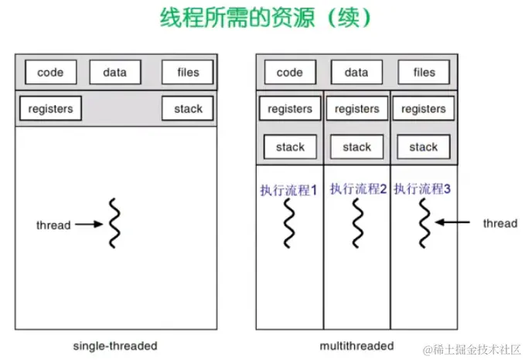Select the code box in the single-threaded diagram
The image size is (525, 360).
(x=50, y=73)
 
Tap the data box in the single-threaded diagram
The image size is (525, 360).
(x=114, y=73)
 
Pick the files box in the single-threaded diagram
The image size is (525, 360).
(x=187, y=73)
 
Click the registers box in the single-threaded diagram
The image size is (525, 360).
(x=50, y=109)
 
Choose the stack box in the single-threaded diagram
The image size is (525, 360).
(x=187, y=109)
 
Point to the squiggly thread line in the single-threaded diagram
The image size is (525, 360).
(x=114, y=224)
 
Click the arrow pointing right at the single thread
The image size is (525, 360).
(x=88, y=226)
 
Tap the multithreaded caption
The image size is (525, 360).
(x=356, y=345)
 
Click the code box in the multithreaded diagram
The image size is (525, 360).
(x=289, y=73)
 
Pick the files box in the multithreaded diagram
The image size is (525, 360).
(x=424, y=73)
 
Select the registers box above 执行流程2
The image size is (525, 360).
(x=356, y=110)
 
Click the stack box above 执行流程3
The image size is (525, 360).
(x=424, y=147)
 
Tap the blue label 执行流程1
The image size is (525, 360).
(x=288, y=189)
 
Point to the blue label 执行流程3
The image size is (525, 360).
(x=422, y=188)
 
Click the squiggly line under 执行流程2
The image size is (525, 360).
(x=357, y=222)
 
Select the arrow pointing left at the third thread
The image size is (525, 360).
(x=452, y=223)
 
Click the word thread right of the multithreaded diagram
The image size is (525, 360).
(x=499, y=223)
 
